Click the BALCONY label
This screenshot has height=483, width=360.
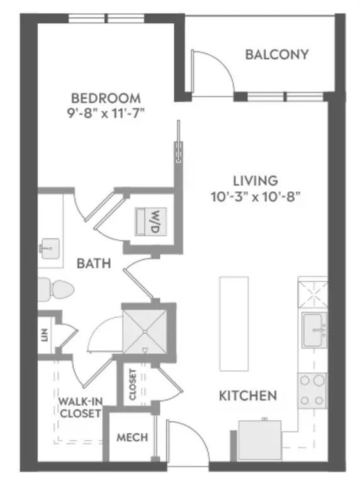[x=277, y=55]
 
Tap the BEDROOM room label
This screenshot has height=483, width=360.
[x=106, y=98]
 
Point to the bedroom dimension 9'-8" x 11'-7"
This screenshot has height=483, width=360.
[x=106, y=114]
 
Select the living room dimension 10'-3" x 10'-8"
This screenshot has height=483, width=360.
[x=255, y=196]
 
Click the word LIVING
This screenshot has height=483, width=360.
[x=255, y=180]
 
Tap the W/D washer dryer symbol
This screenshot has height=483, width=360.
[x=150, y=222]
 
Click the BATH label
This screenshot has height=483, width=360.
[x=94, y=264]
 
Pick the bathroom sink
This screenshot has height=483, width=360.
[x=50, y=248]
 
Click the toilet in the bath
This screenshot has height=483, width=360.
[x=56, y=289]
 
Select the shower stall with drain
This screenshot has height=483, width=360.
[x=145, y=331]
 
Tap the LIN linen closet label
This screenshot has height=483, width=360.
[x=45, y=335]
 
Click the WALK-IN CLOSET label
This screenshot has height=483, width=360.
[x=80, y=408]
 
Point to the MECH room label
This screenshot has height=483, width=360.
[x=132, y=438]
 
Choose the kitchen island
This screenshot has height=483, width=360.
[x=234, y=324]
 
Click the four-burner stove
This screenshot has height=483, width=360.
[x=313, y=391]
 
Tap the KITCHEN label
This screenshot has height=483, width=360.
[x=248, y=396]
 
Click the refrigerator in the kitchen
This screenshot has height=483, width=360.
[x=259, y=440]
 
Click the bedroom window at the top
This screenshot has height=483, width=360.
[x=106, y=18]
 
